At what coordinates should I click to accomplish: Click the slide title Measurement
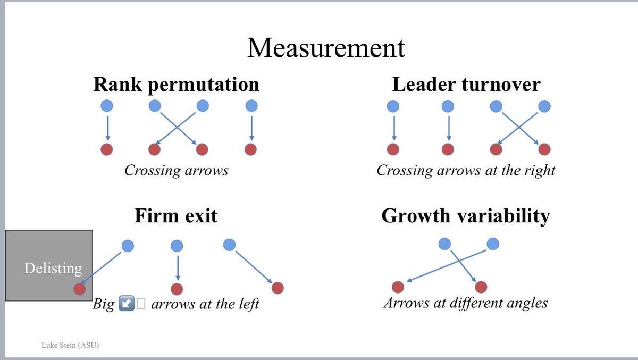[326, 48]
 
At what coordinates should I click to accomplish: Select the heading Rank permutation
[177, 85]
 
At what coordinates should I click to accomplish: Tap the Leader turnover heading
[466, 85]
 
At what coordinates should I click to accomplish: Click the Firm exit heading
[176, 216]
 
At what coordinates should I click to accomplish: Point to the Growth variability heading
[465, 216]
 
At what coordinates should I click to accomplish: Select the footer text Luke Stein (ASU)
[70, 346]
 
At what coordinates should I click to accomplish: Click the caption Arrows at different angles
[465, 303]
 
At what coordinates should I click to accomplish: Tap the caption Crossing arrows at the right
[466, 170]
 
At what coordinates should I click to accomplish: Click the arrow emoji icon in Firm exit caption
[126, 304]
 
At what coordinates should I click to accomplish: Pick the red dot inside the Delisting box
[79, 289]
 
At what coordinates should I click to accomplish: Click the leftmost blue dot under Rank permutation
[107, 106]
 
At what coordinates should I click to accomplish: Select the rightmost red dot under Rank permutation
[250, 149]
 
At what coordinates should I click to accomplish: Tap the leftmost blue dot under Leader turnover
[393, 106]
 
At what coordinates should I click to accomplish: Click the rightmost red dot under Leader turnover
[544, 149]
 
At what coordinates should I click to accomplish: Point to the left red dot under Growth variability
[398, 287]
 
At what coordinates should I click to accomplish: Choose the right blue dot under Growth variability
[493, 244]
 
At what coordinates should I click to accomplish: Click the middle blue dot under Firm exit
[177, 246]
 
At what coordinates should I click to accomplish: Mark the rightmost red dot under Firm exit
[278, 288]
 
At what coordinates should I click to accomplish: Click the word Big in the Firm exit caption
[104, 304]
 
